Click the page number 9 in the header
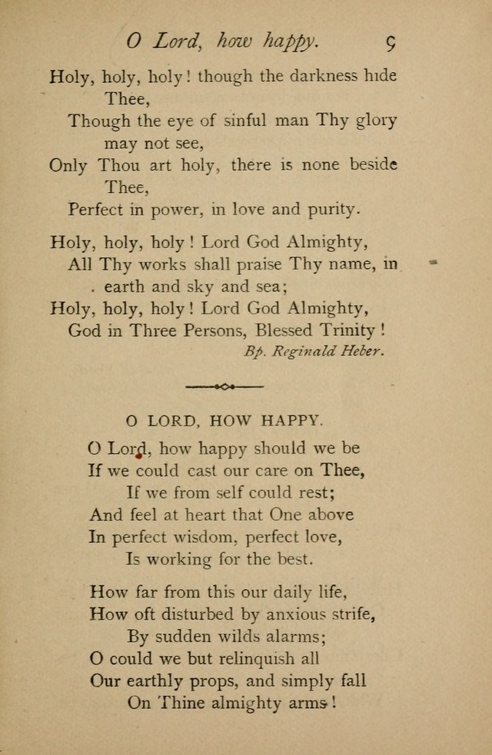tap(390, 42)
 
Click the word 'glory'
tap(377, 121)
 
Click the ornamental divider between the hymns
tap(224, 386)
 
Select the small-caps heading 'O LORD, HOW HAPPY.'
tap(224, 420)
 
